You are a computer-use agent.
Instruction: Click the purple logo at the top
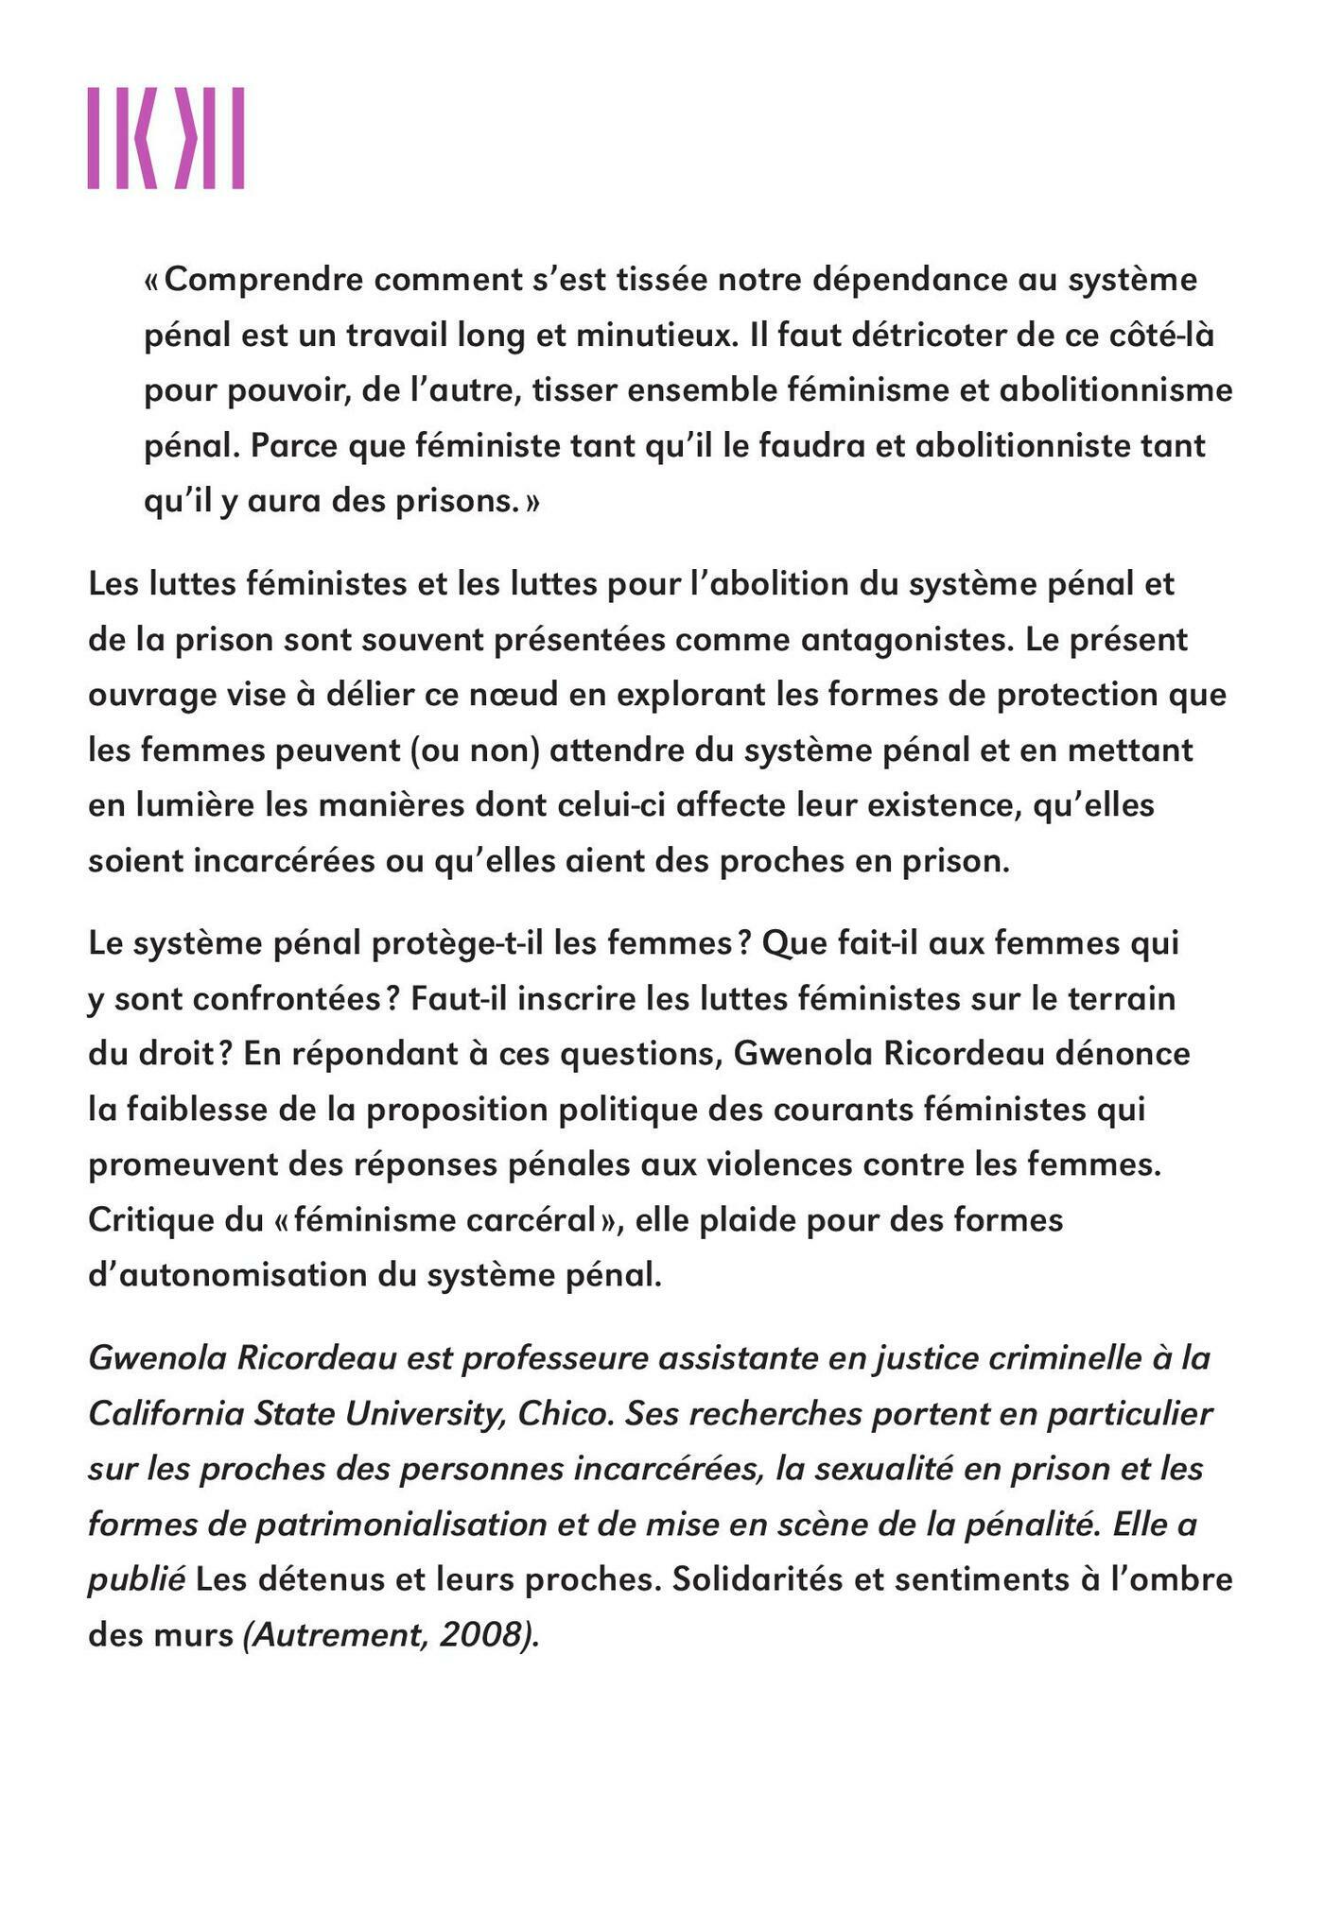(166, 138)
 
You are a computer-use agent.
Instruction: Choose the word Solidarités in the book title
(758, 1579)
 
